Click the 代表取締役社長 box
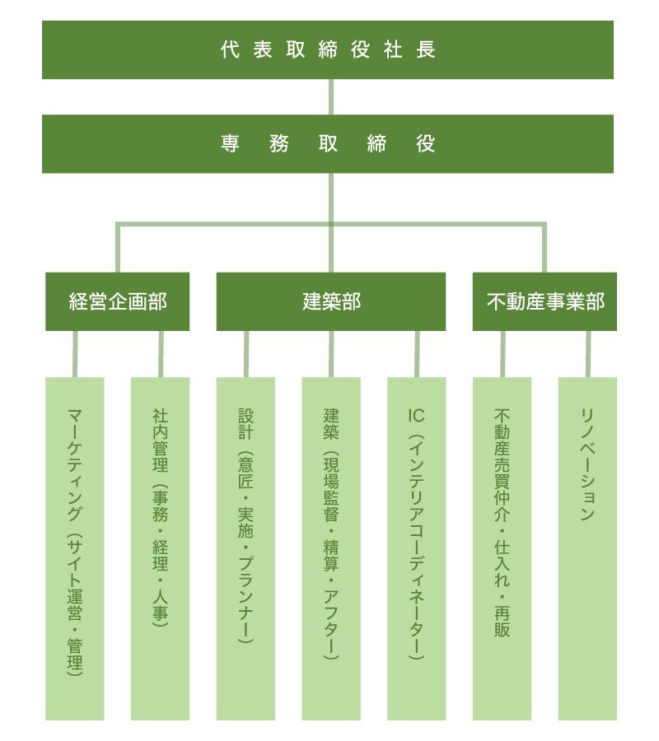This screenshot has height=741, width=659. coord(328,49)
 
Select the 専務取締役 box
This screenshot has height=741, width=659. coord(328,143)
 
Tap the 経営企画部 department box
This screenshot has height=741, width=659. coord(117,301)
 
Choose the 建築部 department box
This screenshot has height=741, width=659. coord(331,301)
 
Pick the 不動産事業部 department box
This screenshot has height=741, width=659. coord(544,301)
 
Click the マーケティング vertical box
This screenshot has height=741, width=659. coord(75,548)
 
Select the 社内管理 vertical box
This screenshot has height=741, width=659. coord(161,548)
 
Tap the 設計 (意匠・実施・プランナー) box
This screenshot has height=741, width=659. coord(245,548)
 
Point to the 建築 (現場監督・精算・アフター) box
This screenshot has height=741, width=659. coord(331,548)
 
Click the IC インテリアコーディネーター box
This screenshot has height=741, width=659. coord(417,548)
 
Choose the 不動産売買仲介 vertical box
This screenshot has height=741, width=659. coord(502,548)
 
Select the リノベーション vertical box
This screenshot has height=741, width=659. coord(587,548)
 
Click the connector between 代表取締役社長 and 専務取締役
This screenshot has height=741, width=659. coord(331,97)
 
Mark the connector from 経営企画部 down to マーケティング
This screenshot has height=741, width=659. coord(75,354)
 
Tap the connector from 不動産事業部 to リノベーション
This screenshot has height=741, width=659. coord(588,354)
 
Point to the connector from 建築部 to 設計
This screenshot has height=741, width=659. coord(246,354)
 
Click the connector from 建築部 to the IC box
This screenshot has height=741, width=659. coord(417,354)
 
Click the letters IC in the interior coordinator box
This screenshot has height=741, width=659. coord(417,416)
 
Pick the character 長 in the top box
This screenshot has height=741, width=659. coord(425,49)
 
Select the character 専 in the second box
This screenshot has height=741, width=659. coord(230,143)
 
